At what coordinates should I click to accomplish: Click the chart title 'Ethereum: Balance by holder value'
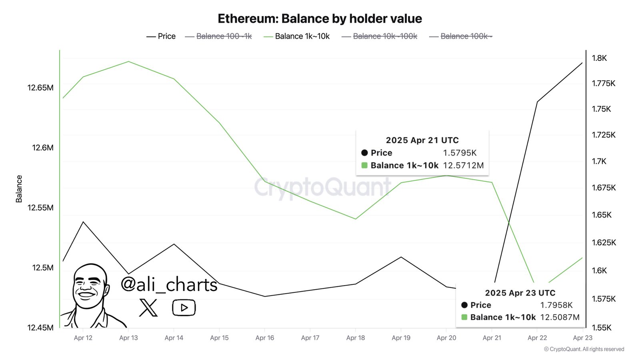pyautogui.click(x=320, y=19)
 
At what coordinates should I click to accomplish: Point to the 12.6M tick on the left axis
pyautogui.click(x=42, y=148)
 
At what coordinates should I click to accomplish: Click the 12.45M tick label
pyautogui.click(x=40, y=328)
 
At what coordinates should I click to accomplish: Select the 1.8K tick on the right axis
pyautogui.click(x=599, y=58)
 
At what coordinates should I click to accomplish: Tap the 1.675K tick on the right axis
pyautogui.click(x=604, y=188)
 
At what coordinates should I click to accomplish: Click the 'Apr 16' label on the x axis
pyautogui.click(x=265, y=338)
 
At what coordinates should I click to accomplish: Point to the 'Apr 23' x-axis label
pyautogui.click(x=582, y=338)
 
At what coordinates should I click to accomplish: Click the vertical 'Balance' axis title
pyautogui.click(x=19, y=189)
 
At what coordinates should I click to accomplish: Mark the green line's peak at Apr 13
pyautogui.click(x=128, y=62)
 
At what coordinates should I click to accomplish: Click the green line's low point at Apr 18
pyautogui.click(x=356, y=219)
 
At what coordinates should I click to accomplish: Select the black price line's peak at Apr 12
pyautogui.click(x=83, y=222)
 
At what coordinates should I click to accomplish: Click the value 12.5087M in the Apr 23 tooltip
pyautogui.click(x=560, y=317)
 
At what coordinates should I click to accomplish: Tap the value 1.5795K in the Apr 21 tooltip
pyautogui.click(x=460, y=153)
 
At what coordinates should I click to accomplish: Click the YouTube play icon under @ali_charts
pyautogui.click(x=184, y=308)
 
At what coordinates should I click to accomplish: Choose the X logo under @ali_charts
pyautogui.click(x=148, y=308)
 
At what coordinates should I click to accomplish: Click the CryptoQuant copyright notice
pyautogui.click(x=584, y=349)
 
